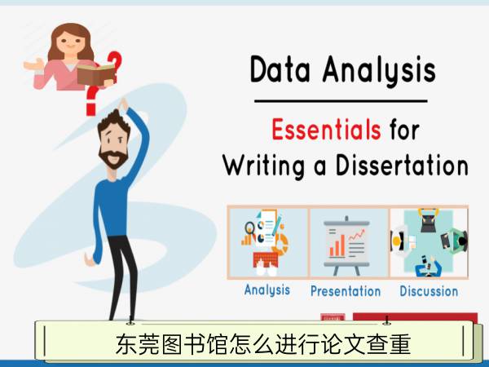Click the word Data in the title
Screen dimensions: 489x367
280,69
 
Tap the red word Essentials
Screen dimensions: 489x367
326,129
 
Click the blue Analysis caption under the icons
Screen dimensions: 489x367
267,290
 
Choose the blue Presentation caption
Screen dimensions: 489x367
346,291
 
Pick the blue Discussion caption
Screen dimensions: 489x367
429,291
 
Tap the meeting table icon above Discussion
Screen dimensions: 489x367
430,243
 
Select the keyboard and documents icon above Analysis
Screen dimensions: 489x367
266,243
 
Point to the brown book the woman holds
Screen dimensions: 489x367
96,74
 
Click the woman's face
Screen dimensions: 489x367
69,42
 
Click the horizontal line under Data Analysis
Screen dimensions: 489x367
341,101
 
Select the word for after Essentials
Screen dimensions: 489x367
404,130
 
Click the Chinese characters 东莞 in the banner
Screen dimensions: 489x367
138,344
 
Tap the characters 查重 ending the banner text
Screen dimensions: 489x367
389,344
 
